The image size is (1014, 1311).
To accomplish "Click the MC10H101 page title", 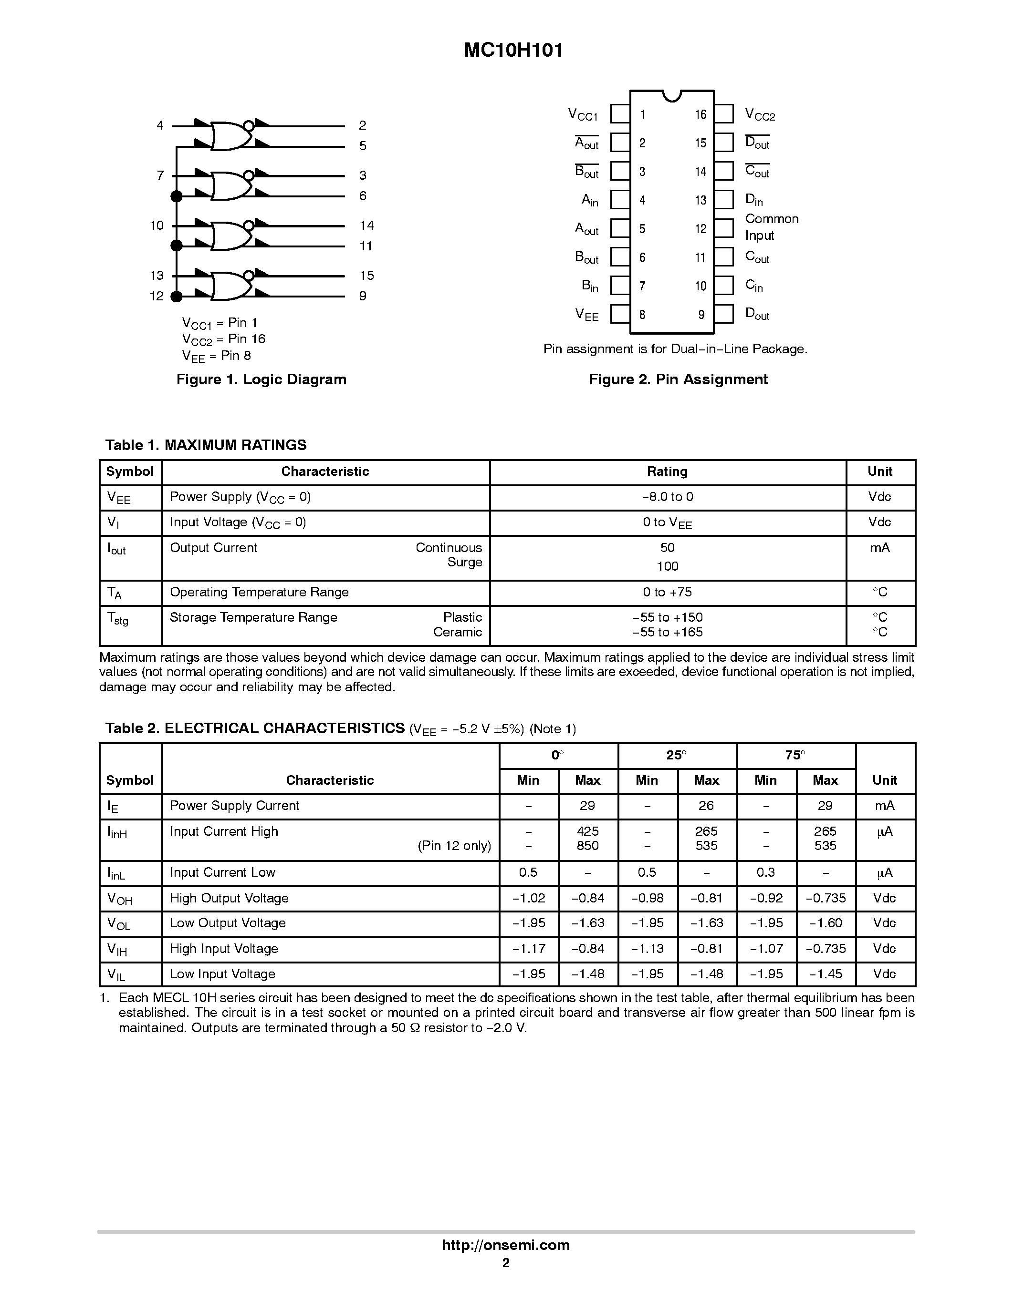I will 513,51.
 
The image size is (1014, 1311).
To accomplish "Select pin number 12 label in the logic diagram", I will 157,296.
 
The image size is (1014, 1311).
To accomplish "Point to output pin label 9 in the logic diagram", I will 363,296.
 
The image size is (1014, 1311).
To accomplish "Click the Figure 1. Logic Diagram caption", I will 261,379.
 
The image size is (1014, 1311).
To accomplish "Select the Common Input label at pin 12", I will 772,227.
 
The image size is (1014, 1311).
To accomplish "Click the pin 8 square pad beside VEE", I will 620,315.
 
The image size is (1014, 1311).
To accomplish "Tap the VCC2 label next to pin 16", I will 760,114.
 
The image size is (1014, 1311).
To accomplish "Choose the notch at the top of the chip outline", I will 671,95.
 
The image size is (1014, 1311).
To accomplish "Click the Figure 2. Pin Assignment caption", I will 678,379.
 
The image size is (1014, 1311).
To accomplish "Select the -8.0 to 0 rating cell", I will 667,497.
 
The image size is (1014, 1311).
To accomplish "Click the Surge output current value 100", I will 667,566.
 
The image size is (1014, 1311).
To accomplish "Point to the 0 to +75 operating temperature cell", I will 667,593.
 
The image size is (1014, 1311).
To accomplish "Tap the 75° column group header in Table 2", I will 795,755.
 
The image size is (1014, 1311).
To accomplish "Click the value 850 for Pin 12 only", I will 587,846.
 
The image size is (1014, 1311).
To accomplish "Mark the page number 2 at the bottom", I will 506,1263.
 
